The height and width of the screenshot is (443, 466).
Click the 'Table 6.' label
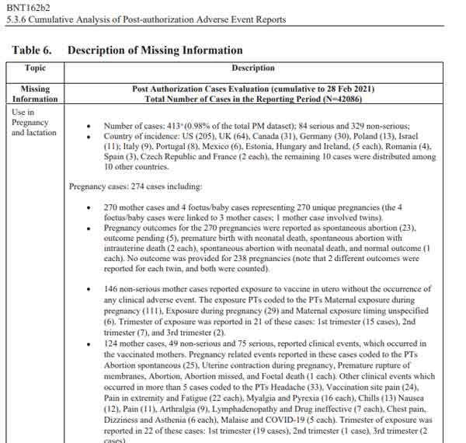[32, 51]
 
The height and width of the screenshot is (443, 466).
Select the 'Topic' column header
[35, 68]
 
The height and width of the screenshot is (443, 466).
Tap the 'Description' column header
[252, 68]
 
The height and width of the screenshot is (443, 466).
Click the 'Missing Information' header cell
[35, 94]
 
